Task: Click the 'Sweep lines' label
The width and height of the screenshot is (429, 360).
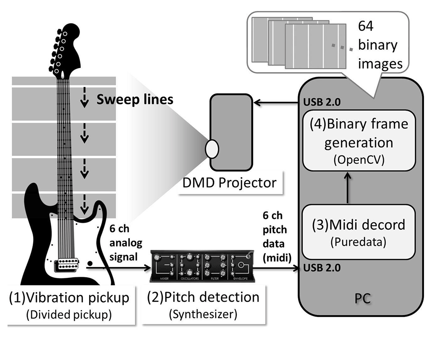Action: tap(134, 100)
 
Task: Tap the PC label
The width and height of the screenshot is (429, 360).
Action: tap(360, 300)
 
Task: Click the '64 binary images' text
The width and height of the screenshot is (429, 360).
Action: tap(377, 46)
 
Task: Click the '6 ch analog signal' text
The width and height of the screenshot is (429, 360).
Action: tap(126, 243)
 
